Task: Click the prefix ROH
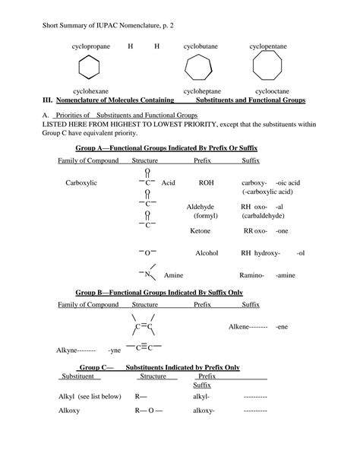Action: pyautogui.click(x=206, y=183)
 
